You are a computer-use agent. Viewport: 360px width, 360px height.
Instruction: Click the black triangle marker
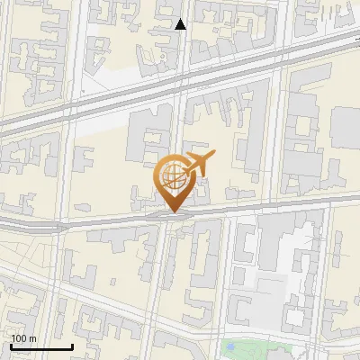coord(181,24)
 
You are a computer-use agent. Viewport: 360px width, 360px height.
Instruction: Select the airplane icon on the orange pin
coord(197,165)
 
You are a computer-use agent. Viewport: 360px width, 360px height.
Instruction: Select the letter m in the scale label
coord(32,338)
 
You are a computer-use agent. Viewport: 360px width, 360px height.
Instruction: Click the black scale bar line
coord(41,346)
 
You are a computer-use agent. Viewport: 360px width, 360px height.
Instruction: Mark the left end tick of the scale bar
coord(11,345)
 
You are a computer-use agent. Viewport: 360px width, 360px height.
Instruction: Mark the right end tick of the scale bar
coord(72,345)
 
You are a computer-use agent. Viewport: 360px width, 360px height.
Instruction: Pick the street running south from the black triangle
coord(181,54)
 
